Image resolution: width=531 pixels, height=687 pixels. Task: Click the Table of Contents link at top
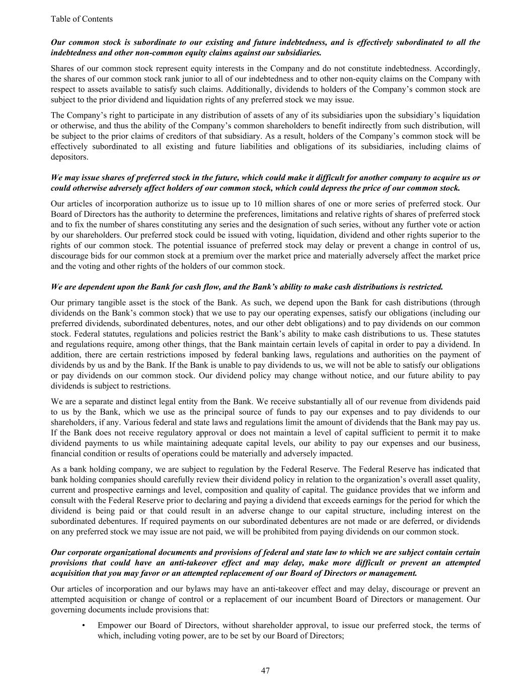pos(82,19)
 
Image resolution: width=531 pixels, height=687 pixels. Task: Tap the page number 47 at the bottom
pos(266,670)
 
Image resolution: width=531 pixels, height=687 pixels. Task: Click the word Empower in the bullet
pos(115,626)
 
